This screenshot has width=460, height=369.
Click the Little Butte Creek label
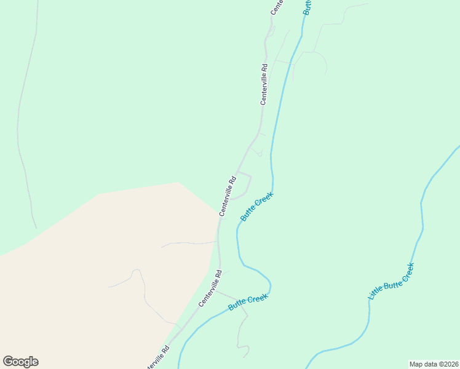[x=391, y=282]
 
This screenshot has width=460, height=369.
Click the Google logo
[x=20, y=362]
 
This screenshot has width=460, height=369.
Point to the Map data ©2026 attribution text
[x=434, y=363]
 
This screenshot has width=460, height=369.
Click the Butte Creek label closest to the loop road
[x=256, y=207]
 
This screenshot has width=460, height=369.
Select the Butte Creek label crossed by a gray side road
[x=248, y=302]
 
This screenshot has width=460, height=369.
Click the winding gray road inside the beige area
[x=144, y=295]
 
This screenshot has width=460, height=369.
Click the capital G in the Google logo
[x=8, y=361]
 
